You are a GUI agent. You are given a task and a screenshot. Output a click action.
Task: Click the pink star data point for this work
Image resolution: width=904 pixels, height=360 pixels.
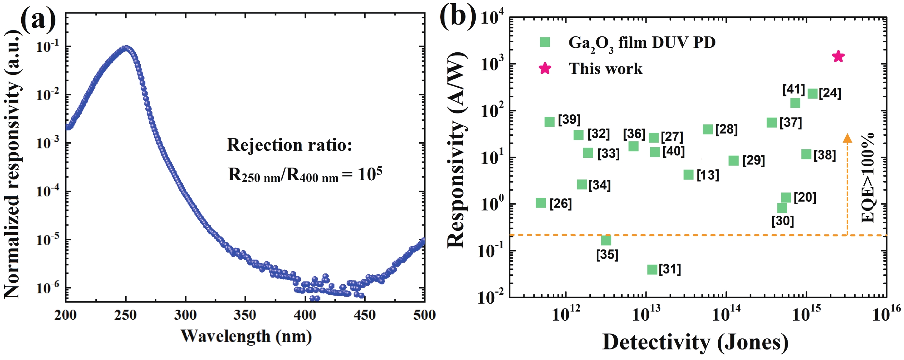838,56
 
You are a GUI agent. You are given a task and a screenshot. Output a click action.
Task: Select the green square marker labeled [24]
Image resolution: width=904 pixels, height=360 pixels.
813,93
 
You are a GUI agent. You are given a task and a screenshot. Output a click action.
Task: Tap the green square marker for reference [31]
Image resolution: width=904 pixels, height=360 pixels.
652,270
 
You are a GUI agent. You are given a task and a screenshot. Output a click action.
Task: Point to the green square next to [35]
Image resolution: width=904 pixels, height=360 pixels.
606,240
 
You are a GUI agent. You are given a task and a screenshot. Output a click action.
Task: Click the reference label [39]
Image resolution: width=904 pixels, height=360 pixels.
569,120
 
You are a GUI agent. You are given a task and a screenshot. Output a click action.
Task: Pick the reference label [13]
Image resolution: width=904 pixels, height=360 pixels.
708,175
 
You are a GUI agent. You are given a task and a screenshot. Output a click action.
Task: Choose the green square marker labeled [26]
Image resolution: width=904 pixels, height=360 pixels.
541,203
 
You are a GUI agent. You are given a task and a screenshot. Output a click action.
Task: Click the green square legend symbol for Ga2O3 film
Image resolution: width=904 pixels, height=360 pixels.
544,42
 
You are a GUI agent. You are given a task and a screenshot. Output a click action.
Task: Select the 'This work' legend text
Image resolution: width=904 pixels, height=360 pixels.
606,69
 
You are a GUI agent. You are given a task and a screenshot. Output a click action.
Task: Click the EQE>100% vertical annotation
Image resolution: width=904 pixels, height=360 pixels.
868,177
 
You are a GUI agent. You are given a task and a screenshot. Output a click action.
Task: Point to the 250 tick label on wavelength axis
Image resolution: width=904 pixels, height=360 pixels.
125,315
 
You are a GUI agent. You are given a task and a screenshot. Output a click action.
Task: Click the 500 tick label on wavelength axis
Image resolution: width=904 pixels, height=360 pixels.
424,315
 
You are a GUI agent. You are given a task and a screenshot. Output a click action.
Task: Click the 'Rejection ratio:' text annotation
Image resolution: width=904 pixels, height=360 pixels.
290,145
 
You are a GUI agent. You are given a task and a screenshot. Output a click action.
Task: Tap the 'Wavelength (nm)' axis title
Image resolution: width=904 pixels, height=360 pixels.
246,336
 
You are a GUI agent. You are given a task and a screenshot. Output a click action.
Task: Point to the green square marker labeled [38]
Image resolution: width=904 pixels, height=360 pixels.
807,154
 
